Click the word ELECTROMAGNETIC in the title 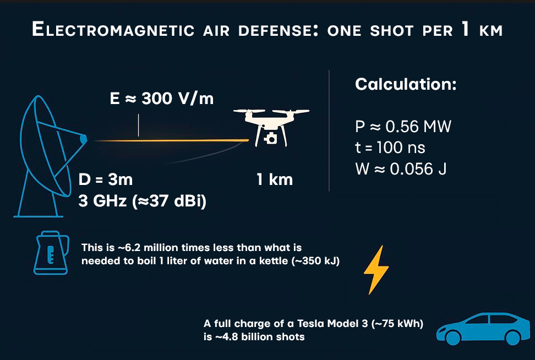(113, 29)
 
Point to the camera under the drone (271, 139)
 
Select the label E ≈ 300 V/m (162, 99)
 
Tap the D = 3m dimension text (106, 179)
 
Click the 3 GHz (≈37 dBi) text (142, 201)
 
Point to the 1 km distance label (275, 180)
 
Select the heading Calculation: (406, 84)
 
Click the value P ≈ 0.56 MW (403, 127)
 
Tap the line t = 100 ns (390, 148)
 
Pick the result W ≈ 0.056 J (401, 169)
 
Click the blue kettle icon (51, 253)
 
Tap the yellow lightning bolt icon (376, 270)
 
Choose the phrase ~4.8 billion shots (259, 337)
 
